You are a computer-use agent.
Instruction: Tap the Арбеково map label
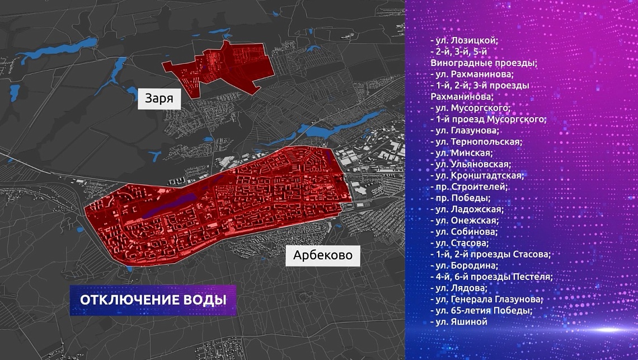[323, 256]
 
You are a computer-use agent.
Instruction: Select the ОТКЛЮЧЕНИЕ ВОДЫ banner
[153, 300]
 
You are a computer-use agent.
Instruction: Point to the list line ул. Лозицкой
[465, 41]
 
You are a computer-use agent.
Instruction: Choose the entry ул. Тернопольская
[476, 142]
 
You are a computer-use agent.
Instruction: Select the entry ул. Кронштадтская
[477, 175]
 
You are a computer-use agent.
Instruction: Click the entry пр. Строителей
[469, 186]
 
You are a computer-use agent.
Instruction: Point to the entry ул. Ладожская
[467, 209]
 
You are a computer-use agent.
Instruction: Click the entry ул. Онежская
[466, 221]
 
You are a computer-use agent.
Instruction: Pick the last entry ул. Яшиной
[459, 322]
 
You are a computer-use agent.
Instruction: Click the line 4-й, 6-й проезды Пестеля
[491, 277]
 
